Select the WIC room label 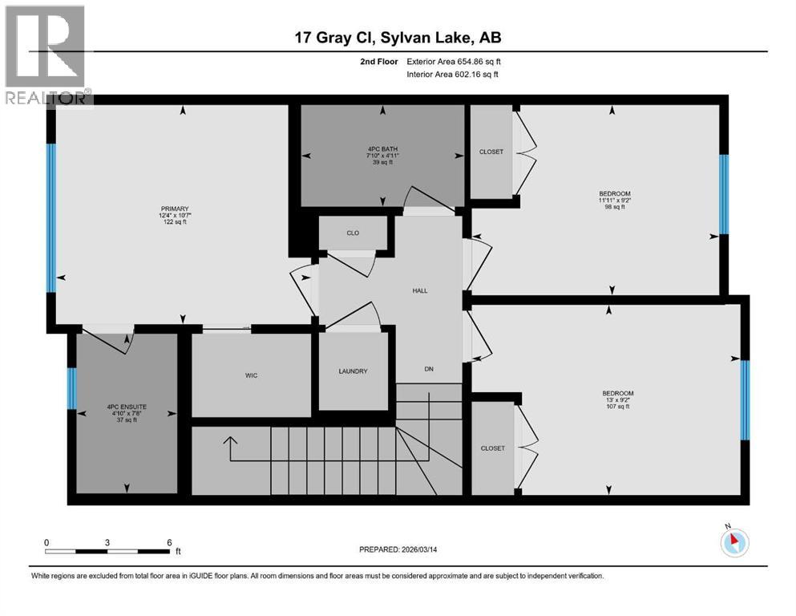[x=251, y=375]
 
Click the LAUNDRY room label [x=353, y=371]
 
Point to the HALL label [x=420, y=290]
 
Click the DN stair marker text [x=429, y=369]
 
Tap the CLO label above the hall [x=353, y=233]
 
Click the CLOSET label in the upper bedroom [x=491, y=152]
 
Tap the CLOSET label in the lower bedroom [x=492, y=448]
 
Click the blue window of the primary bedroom [x=51, y=218]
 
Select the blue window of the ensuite [x=71, y=388]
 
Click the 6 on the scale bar [x=169, y=542]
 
